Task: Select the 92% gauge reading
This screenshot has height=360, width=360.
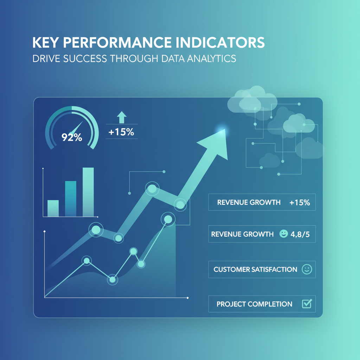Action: [x=72, y=137]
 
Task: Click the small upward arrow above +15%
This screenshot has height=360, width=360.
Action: [x=122, y=117]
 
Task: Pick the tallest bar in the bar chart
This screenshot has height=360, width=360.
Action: [x=88, y=192]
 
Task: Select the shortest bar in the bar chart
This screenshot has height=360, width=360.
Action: [x=53, y=208]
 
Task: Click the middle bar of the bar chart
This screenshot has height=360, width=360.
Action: [x=71, y=198]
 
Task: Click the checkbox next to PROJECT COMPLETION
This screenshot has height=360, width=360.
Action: [x=307, y=304]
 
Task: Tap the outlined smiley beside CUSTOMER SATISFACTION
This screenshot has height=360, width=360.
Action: [x=307, y=270]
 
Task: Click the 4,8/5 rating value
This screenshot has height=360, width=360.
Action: [x=300, y=234]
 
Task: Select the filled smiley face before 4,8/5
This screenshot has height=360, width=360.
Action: [x=283, y=234]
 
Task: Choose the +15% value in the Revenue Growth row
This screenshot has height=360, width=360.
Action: [x=300, y=202]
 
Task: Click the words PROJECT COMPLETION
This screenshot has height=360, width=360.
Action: [x=254, y=304]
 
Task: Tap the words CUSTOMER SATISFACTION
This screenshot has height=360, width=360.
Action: [x=255, y=270]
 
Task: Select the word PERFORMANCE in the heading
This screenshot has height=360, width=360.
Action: [x=112, y=42]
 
